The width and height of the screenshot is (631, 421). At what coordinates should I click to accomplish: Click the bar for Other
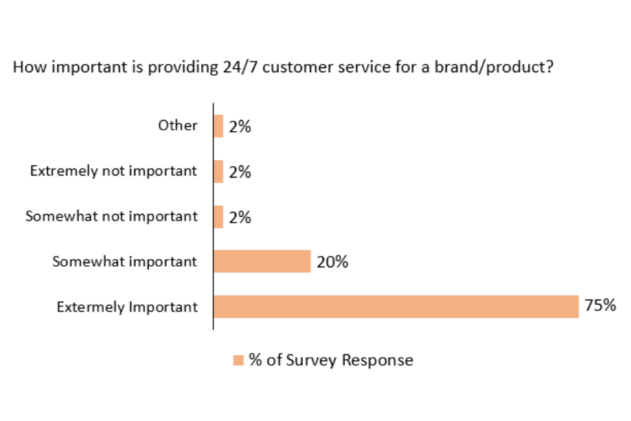[219, 126]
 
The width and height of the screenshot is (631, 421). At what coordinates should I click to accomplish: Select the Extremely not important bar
[219, 171]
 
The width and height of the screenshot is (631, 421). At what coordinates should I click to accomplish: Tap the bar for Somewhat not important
[219, 217]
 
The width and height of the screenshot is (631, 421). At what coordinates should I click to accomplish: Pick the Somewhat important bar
[262, 262]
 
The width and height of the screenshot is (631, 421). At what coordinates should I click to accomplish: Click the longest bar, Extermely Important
[396, 307]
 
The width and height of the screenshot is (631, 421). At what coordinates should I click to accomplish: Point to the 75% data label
[600, 306]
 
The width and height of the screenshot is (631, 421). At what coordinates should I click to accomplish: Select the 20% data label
[332, 262]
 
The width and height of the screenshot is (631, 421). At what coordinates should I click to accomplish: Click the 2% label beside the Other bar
[240, 127]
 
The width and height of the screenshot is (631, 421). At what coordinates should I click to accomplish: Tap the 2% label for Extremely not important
[240, 172]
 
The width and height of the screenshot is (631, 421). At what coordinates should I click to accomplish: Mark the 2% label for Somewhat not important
[240, 218]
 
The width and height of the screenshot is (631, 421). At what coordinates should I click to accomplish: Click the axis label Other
[177, 126]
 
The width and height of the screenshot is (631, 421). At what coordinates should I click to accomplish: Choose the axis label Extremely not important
[114, 171]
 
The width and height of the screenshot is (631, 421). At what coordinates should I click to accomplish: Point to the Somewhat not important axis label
[111, 216]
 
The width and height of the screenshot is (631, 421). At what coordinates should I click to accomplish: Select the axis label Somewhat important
[125, 262]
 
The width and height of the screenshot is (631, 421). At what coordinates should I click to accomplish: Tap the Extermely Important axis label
[127, 307]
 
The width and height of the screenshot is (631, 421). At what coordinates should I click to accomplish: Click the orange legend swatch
[238, 361]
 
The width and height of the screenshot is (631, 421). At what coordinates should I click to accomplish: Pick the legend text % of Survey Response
[331, 361]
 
